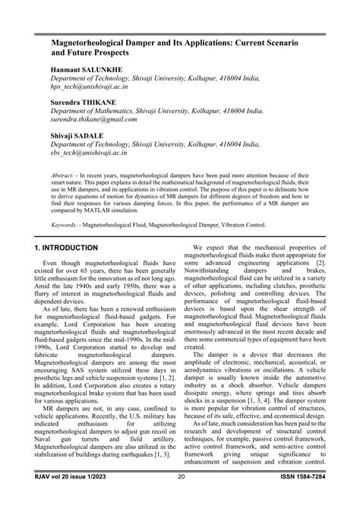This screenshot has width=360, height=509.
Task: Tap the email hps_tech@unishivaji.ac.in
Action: [x=94, y=87]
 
